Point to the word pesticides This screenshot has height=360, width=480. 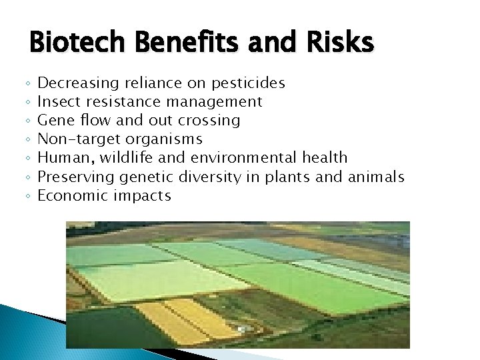[x=248, y=83]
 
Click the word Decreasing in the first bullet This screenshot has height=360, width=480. [x=78, y=83]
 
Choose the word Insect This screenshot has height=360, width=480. [x=57, y=102]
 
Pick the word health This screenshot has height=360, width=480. [x=325, y=158]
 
